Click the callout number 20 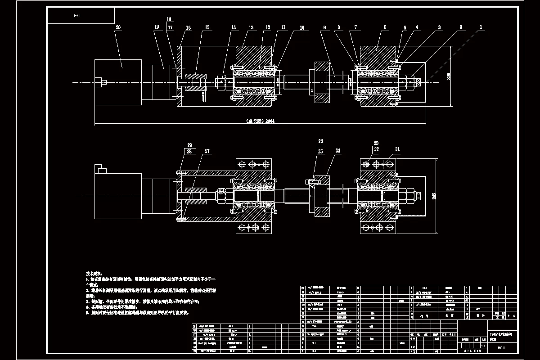118,27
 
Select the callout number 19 157,27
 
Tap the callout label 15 207,27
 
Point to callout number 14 234,27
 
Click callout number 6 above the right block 385,27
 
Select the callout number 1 481,27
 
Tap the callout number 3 439,27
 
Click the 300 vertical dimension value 448,76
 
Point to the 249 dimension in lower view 433,196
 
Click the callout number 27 207,152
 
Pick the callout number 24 337,151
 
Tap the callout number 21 397,149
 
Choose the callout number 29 189,144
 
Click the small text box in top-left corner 80,16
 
